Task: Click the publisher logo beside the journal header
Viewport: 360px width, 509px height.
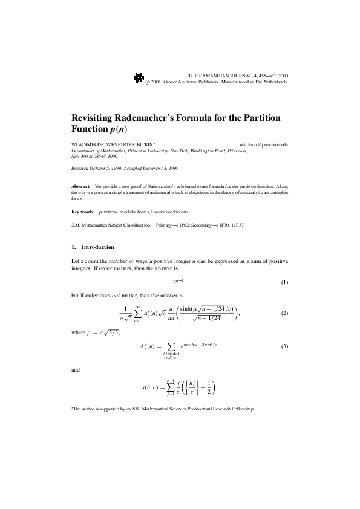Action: coord(139,77)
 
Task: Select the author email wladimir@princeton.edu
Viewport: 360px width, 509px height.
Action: coord(264,145)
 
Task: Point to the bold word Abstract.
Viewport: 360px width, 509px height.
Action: coord(80,187)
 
